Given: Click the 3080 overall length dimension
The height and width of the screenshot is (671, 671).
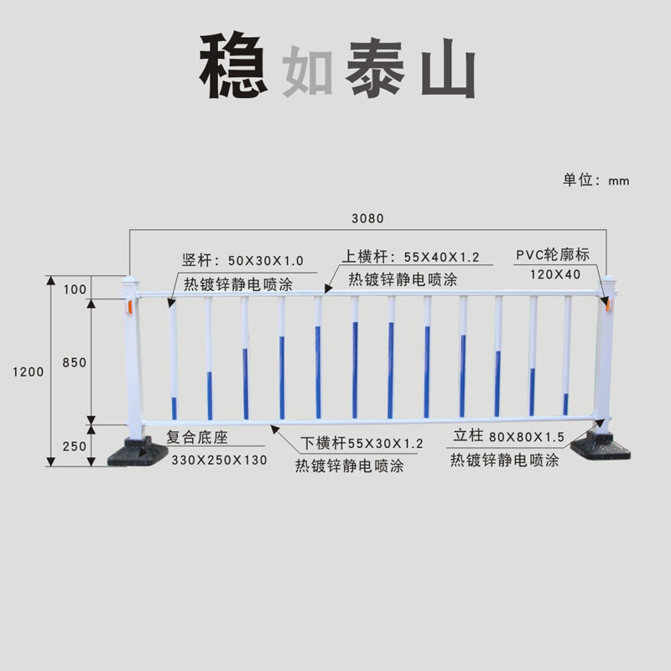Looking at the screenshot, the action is tap(367, 219).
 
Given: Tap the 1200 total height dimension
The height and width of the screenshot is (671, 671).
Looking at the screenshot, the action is tap(28, 372).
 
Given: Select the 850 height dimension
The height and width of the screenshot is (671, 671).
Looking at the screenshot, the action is tap(75, 362).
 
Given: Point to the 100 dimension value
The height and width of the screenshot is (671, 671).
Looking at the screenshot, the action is tap(75, 289).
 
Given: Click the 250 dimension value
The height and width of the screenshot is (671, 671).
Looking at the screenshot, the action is tap(75, 446).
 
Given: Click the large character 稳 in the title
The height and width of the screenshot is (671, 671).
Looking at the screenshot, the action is tap(232, 67).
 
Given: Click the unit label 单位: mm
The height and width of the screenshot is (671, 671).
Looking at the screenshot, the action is tap(596, 180).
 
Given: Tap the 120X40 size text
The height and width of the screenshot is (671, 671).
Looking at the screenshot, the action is tap(555, 274).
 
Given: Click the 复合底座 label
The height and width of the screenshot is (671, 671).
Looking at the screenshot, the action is tap(197, 438).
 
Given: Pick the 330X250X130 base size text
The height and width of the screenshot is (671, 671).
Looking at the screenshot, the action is tap(220, 460).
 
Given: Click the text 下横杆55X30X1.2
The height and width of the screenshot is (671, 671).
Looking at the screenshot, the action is tap(362, 443).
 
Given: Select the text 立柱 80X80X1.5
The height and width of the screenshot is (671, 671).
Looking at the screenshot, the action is tap(508, 437).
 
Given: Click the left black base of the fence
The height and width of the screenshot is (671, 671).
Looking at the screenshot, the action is tap(135, 453).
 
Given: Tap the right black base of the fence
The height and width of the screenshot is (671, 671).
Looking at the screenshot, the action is tap(601, 444).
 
